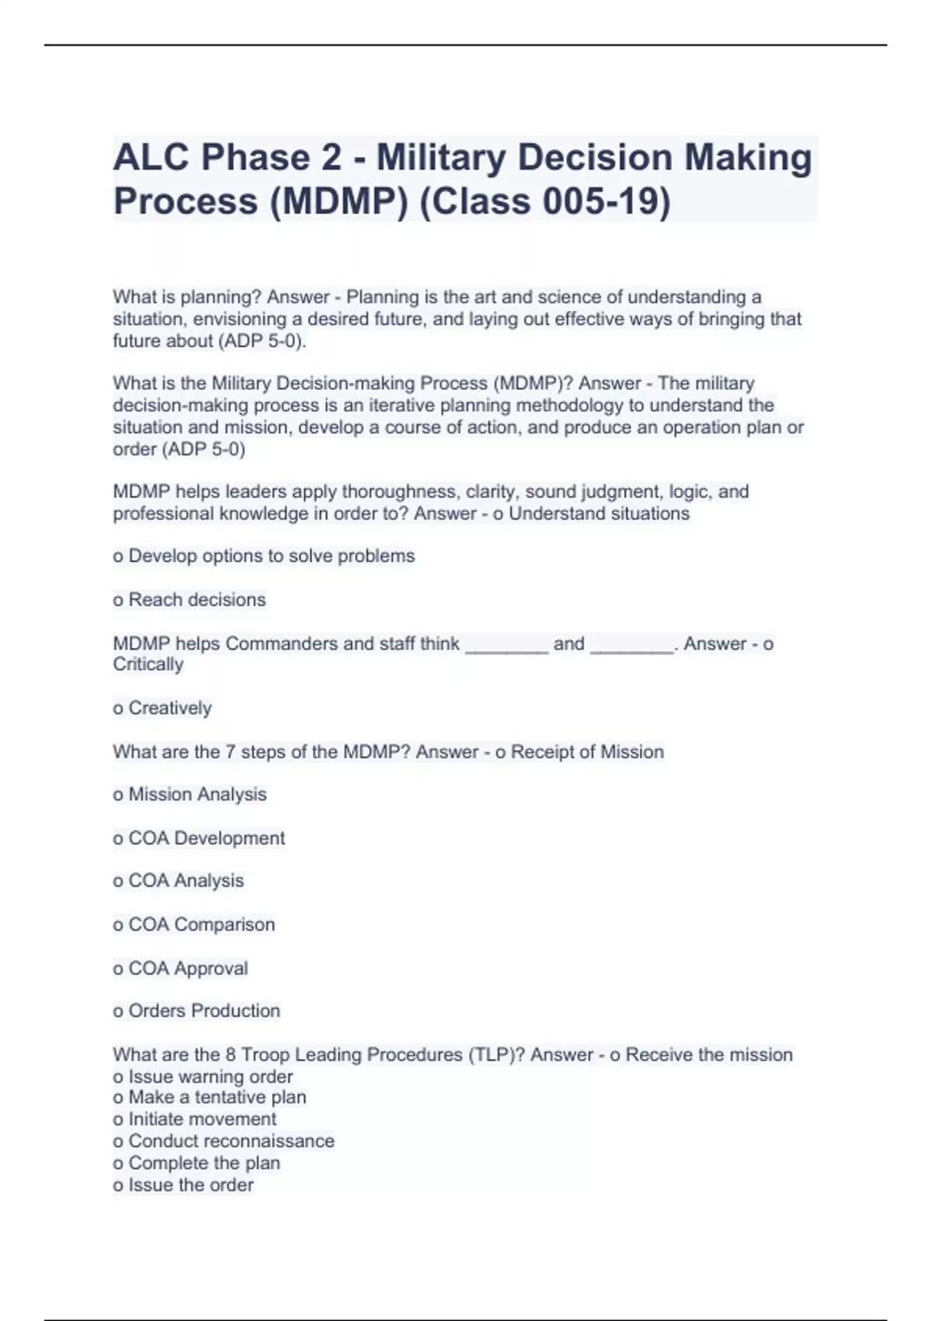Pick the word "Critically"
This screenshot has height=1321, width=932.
click(x=148, y=664)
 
